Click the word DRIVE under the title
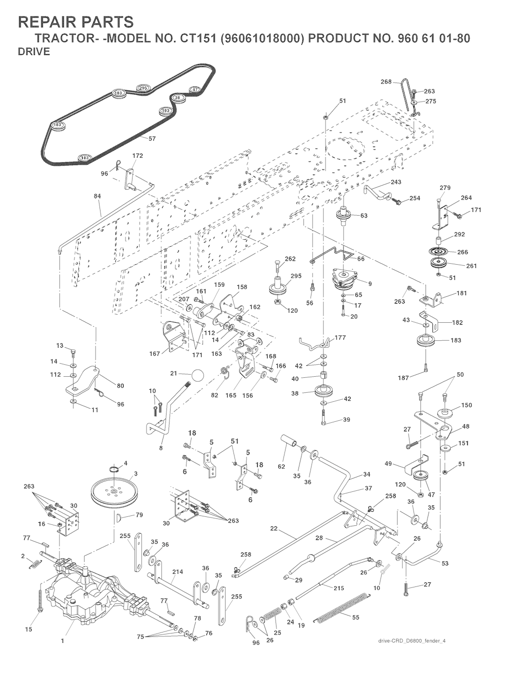[x=33, y=52]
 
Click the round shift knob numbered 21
[x=198, y=375]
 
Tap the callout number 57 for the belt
[x=152, y=139]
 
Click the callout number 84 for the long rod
[x=97, y=196]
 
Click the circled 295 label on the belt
[x=143, y=88]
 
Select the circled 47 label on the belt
[x=194, y=90]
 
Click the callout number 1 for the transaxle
[x=62, y=639]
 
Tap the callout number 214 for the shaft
[x=177, y=571]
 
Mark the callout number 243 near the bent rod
[x=396, y=182]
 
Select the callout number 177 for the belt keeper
[x=340, y=338]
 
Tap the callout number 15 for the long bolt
[x=28, y=629]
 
